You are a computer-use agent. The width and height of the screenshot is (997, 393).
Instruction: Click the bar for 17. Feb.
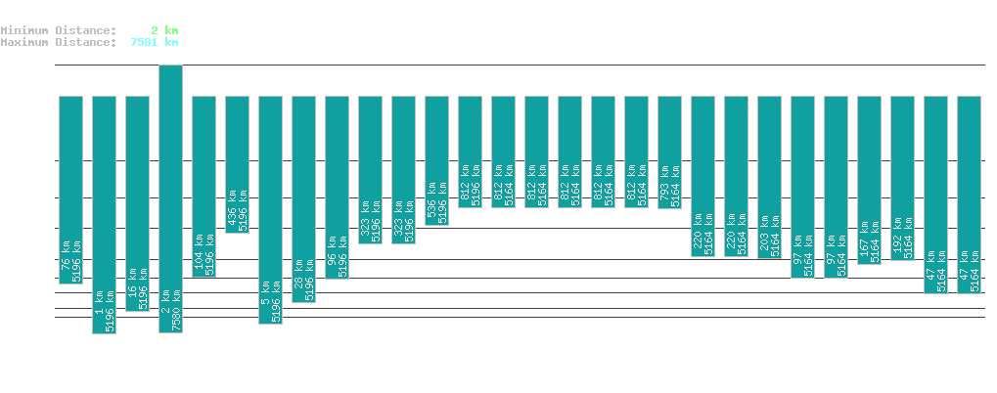(170, 198)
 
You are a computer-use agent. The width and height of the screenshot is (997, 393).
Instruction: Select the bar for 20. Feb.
(270, 209)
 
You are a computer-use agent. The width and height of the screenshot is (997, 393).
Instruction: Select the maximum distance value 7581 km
(154, 42)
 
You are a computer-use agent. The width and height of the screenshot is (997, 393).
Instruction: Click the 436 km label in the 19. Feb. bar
(231, 216)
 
